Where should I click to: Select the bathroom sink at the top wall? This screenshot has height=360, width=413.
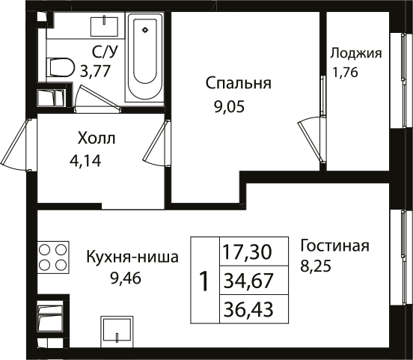(x=100, y=27)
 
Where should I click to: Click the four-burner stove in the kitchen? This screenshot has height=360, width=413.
(x=52, y=257)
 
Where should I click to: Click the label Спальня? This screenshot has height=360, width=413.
(x=239, y=84)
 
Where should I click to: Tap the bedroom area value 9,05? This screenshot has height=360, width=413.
(x=230, y=106)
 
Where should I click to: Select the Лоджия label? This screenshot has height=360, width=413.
(x=356, y=53)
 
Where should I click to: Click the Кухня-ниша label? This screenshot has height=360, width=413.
(x=132, y=258)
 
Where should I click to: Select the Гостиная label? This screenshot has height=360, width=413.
(x=334, y=246)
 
